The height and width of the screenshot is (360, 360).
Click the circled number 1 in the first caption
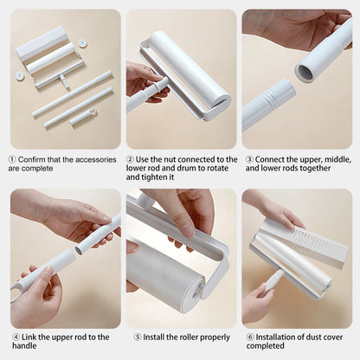[13, 159]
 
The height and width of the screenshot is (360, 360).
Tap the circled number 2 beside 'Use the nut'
[131, 159]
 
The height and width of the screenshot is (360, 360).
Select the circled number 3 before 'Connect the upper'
[249, 159]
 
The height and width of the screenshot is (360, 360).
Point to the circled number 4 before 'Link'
[15, 337]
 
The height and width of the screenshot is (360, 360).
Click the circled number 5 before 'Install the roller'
[138, 337]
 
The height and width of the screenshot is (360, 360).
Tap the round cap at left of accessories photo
[19, 76]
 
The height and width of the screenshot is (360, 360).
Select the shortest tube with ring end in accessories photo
[82, 118]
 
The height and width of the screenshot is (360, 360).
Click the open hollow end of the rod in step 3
[305, 72]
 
